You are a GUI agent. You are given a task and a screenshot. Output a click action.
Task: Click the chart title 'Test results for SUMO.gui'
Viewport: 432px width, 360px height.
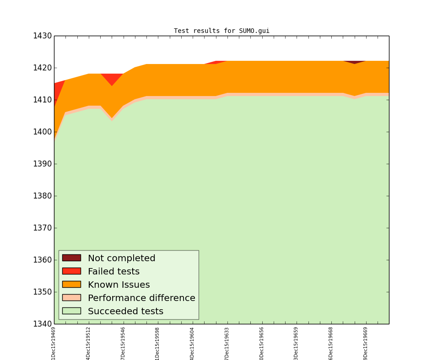pos(221,31)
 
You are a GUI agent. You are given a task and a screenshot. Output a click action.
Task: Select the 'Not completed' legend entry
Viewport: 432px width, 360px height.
pos(121,258)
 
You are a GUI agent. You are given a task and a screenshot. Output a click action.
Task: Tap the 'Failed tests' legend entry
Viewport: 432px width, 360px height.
pos(113,272)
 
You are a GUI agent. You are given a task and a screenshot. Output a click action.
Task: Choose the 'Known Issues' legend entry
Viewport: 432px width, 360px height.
pos(119,285)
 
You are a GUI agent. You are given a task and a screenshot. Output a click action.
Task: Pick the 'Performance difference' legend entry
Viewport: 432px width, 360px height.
pos(141,298)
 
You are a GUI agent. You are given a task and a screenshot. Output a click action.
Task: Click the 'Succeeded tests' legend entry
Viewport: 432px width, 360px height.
pos(125,312)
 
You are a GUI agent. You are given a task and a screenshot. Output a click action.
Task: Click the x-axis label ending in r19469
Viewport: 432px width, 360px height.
pos(54,343)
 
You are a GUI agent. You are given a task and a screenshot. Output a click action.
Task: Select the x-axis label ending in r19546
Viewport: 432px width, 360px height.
pos(123,343)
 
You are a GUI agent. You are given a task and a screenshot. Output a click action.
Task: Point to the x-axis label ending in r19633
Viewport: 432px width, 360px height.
pos(227,343)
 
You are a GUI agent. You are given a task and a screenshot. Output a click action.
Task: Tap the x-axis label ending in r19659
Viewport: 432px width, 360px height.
pos(297,343)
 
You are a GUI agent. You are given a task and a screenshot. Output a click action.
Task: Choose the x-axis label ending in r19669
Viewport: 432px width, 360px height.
pos(366,343)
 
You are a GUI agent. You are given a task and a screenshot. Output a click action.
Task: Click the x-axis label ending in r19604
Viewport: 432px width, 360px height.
pos(193,343)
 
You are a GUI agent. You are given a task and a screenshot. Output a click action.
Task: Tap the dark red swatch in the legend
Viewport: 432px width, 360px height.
pos(71,258)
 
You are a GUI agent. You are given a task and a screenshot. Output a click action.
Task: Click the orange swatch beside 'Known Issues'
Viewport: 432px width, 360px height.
pos(71,285)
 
